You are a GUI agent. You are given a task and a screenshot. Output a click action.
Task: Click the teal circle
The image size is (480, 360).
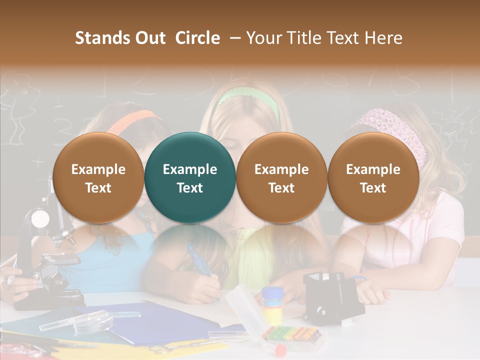(190, 177)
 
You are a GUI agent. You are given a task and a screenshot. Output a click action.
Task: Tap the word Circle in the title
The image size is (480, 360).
(197, 38)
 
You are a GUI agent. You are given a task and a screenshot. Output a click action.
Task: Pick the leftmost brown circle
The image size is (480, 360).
(98, 177)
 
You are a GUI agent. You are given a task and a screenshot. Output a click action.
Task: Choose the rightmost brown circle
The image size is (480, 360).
(373, 177)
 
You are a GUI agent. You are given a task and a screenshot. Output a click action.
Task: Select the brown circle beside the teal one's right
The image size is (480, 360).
(281, 177)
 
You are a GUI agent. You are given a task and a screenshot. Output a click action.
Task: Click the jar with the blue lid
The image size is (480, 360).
(272, 302)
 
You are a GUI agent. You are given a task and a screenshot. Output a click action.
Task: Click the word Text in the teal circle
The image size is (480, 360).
(190, 188)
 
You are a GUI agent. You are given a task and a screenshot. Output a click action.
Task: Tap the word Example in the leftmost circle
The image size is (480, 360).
(98, 169)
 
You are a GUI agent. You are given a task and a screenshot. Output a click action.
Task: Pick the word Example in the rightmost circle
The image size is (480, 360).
(373, 169)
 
